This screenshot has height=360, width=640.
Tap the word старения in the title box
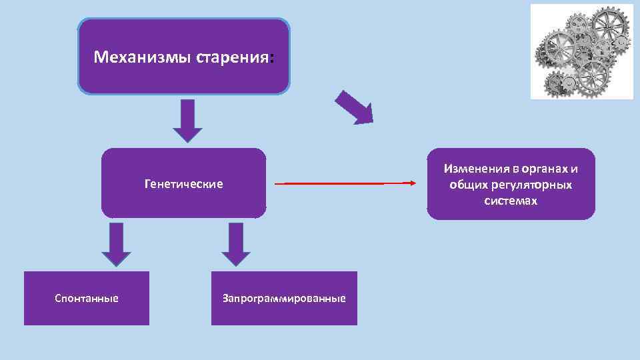(x=231, y=57)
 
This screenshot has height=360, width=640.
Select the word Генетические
(x=183, y=184)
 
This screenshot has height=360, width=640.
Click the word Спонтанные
(x=87, y=298)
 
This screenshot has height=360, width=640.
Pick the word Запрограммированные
(x=284, y=298)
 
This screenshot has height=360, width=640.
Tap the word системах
(x=511, y=200)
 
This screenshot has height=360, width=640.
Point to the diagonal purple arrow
(x=353, y=107)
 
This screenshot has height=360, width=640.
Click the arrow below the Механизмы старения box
(x=187, y=120)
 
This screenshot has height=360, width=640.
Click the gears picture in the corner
(x=581, y=51)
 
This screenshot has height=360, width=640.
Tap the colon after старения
(x=270, y=57)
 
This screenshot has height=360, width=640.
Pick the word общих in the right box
(x=467, y=185)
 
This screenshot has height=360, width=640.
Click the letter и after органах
(x=574, y=169)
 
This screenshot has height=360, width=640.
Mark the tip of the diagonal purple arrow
(x=371, y=121)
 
